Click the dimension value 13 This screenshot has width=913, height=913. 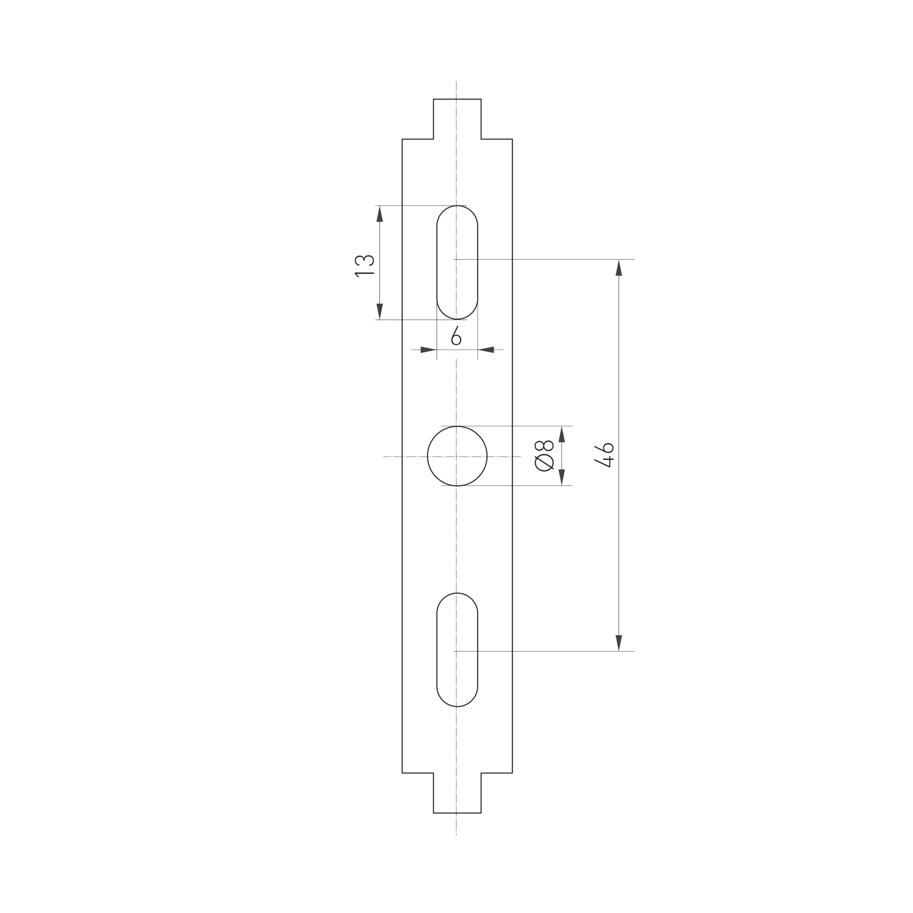(364, 266)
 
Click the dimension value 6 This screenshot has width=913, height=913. (456, 336)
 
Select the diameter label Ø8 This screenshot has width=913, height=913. (544, 455)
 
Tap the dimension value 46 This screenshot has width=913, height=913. (604, 455)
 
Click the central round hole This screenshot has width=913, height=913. (457, 456)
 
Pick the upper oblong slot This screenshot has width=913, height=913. (457, 262)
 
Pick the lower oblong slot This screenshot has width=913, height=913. (457, 650)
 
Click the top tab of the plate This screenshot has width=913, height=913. (457, 118)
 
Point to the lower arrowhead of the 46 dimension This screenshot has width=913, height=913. (619, 643)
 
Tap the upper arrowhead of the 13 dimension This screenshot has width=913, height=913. (379, 214)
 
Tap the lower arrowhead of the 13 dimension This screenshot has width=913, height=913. (379, 311)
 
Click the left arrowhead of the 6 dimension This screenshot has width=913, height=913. (428, 350)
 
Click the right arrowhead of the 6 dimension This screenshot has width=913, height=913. (486, 350)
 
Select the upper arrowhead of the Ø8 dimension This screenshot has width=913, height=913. (562, 434)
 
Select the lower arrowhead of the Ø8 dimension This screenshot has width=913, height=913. (562, 477)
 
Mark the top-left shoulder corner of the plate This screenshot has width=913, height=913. (402, 139)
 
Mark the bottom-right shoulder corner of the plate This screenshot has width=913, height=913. (512, 773)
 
